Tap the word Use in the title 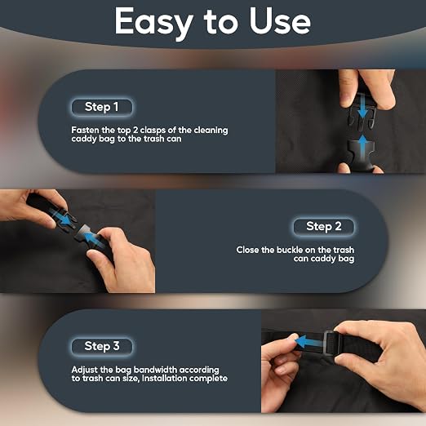click(280, 20)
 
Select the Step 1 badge click(102, 107)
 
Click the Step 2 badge click(324, 226)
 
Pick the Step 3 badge click(102, 346)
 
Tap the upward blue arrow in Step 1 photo click(363, 147)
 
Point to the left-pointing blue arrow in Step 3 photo click(309, 342)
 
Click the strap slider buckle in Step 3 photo click(331, 343)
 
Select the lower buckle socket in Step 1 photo click(362, 155)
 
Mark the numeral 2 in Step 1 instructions click(135, 131)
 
